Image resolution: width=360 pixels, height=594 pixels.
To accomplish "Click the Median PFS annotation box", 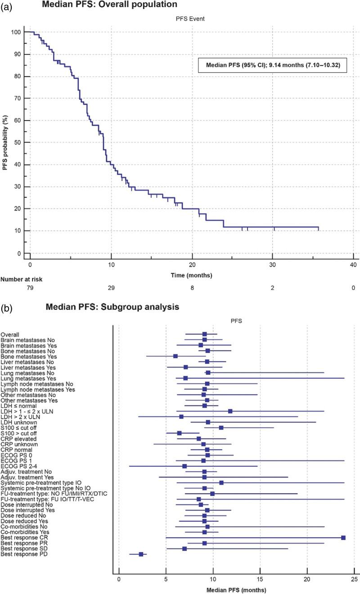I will pos(273,65).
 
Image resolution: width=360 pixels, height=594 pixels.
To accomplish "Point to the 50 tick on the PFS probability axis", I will pos(18,143).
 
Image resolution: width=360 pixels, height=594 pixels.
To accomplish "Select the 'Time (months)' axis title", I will pos(192,275).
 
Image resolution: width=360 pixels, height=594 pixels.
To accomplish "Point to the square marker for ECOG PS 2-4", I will pos(184,466).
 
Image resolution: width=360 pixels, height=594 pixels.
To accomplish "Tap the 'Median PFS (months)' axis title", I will pos(236,590).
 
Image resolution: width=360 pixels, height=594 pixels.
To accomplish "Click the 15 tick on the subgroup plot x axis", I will pos(260,580).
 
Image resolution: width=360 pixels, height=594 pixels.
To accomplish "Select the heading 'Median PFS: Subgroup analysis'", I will pos(112,308).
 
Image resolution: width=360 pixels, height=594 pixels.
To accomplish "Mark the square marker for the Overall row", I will pos(204,334).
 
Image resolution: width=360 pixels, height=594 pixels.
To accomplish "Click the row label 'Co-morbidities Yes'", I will pos(25,532).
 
